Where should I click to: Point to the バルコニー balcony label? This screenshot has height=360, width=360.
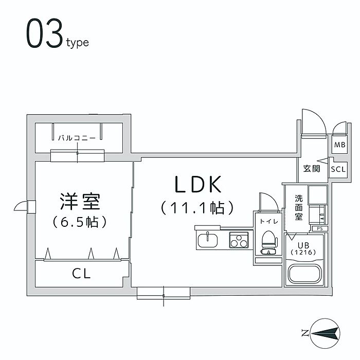pyautogui.click(x=76, y=138)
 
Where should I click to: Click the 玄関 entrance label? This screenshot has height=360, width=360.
pyautogui.click(x=312, y=168)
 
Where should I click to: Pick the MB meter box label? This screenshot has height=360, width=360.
pyautogui.click(x=340, y=145)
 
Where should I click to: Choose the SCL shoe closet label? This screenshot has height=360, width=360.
pyautogui.click(x=338, y=169)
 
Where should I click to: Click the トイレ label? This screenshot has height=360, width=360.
pyautogui.click(x=267, y=221)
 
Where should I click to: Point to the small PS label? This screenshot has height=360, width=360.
pyautogui.click(x=319, y=228)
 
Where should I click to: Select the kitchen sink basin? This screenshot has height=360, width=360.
pyautogui.click(x=210, y=239)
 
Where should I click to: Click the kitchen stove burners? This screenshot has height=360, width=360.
pyautogui.click(x=238, y=239)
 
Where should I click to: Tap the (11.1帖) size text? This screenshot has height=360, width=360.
pyautogui.click(x=197, y=208)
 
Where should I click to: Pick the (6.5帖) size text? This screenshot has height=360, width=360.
pyautogui.click(x=79, y=222)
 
